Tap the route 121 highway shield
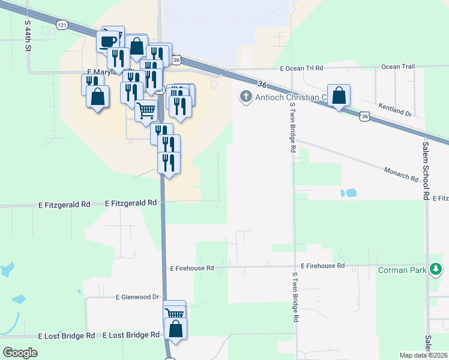coord(61,25)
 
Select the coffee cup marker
coord(108,41)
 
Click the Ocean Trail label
coord(398,67)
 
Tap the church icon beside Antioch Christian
coord(245,97)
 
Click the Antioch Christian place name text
coord(290,97)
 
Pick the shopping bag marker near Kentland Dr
coord(339,95)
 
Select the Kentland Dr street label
coord(394,109)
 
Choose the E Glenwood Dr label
coord(138,296)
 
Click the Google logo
coord(20,353)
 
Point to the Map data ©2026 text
coord(423,355)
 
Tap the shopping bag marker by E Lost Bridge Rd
coord(176,329)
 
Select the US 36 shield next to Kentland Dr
coord(364,116)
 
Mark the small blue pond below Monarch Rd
coord(348,193)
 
